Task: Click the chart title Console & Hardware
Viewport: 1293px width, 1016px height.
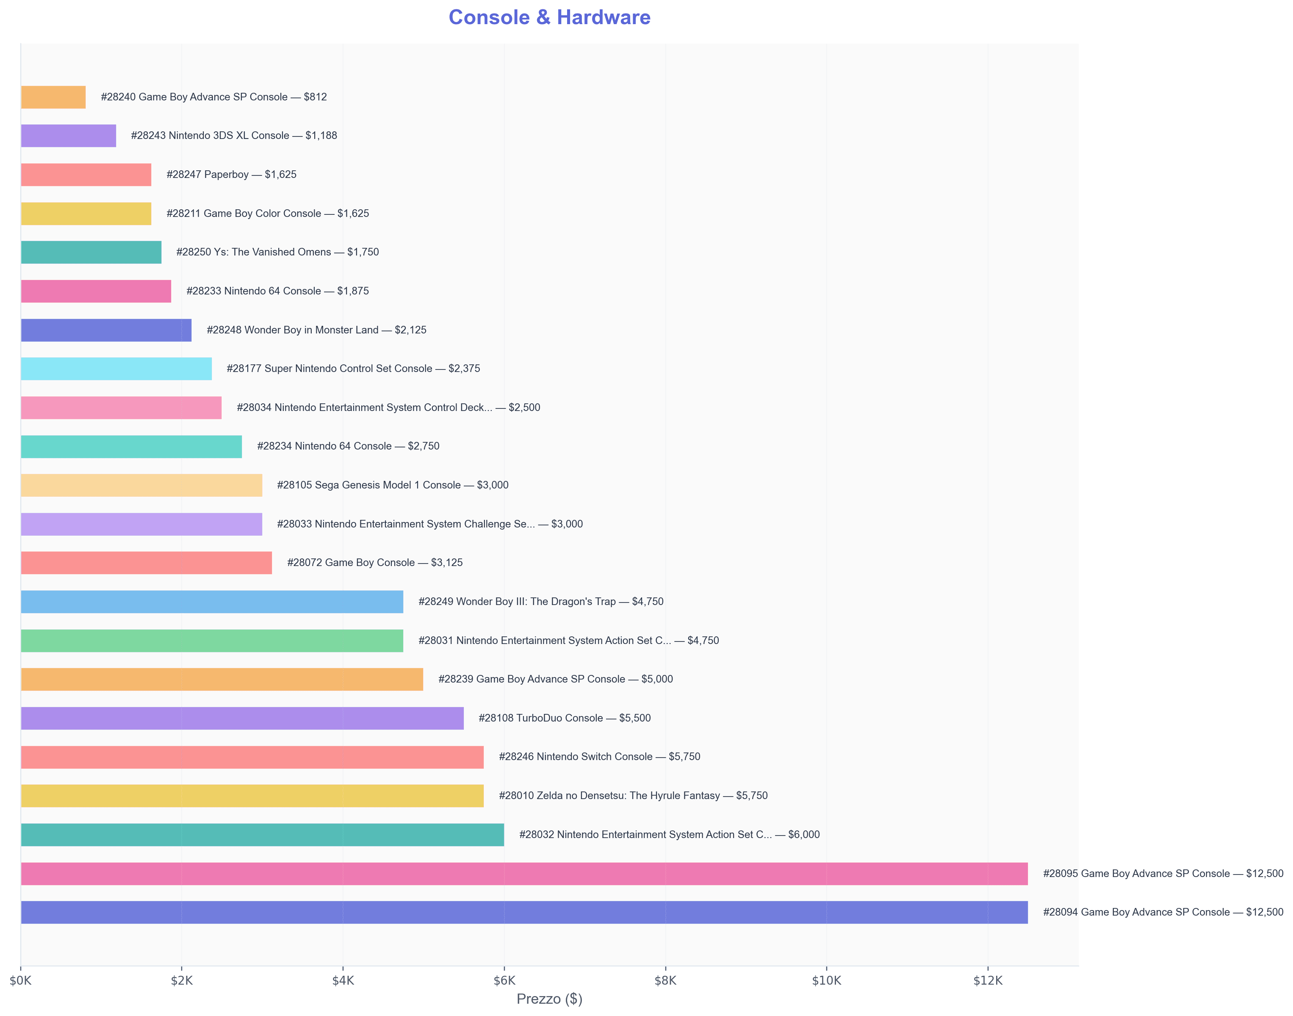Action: tap(549, 17)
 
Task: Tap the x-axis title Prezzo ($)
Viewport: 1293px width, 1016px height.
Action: tap(549, 999)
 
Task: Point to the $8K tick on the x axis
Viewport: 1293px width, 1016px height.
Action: tap(665, 981)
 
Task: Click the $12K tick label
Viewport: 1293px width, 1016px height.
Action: tap(988, 981)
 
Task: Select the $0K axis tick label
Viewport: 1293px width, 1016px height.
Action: tap(21, 981)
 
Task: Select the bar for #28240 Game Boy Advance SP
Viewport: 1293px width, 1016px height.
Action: tap(53, 97)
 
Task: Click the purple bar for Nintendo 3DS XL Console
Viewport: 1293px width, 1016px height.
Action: tap(68, 136)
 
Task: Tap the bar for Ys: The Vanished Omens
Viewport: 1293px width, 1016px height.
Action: tap(91, 252)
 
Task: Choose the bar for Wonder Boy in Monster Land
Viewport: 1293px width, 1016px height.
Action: tap(106, 330)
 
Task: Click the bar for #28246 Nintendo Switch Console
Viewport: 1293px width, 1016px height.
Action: tap(252, 757)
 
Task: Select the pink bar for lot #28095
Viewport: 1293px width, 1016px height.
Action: tap(524, 873)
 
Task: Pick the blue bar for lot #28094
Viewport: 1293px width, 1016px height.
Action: tap(524, 912)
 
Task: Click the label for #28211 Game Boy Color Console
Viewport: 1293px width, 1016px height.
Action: tap(268, 214)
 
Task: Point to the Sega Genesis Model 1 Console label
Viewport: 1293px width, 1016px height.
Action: tap(392, 485)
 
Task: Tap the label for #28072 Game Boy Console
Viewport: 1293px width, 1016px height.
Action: tap(374, 563)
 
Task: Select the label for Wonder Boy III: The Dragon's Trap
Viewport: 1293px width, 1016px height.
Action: tap(540, 601)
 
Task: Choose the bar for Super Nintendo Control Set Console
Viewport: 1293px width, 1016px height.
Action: tap(116, 369)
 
